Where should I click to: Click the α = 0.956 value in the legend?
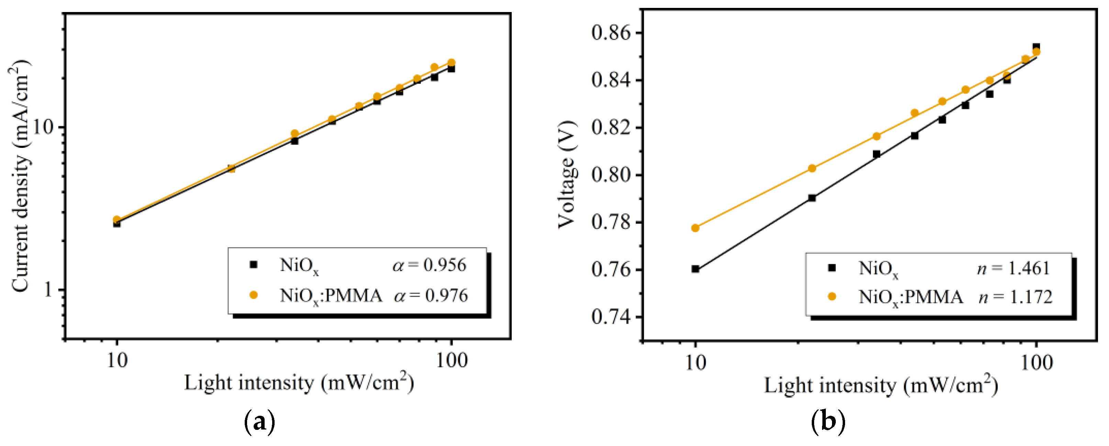[429, 265]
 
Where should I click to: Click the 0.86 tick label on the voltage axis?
[610, 33]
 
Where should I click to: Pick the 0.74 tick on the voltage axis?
[610, 317]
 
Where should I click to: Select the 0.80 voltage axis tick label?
[610, 175]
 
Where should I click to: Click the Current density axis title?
[19, 177]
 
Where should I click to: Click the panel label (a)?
[259, 423]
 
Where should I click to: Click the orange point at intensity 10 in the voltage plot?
[695, 228]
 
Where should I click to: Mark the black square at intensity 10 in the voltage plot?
[695, 269]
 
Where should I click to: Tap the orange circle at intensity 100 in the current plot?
[451, 63]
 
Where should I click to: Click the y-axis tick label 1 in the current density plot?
[47, 290]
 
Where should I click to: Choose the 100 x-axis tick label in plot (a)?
[451, 360]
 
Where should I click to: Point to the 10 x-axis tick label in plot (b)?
[695, 363]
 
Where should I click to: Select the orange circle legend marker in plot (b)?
[832, 296]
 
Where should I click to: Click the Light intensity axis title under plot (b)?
[881, 385]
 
